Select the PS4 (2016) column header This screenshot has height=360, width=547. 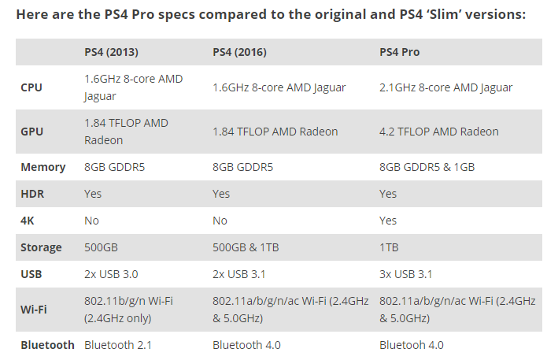pyautogui.click(x=239, y=52)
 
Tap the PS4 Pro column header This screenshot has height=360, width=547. pyautogui.click(x=400, y=52)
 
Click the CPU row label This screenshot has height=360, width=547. pyautogui.click(x=31, y=87)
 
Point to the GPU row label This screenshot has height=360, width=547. pyautogui.click(x=31, y=132)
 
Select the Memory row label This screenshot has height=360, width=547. pyautogui.click(x=43, y=167)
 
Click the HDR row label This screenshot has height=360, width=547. pyautogui.click(x=31, y=194)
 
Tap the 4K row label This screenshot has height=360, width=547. pyautogui.click(x=28, y=221)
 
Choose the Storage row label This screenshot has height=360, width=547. pyautogui.click(x=41, y=247)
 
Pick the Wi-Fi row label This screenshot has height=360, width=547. pyautogui.click(x=34, y=309)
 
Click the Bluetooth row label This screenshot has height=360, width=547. pyautogui.click(x=47, y=345)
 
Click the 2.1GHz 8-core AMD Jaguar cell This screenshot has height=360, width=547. pyautogui.click(x=445, y=87)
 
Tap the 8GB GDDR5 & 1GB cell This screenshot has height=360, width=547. pyautogui.click(x=427, y=167)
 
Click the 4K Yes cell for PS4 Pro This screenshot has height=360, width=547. pyautogui.click(x=389, y=221)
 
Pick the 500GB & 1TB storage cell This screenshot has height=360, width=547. pyautogui.click(x=246, y=247)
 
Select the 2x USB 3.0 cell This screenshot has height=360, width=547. pyautogui.click(x=110, y=274)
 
